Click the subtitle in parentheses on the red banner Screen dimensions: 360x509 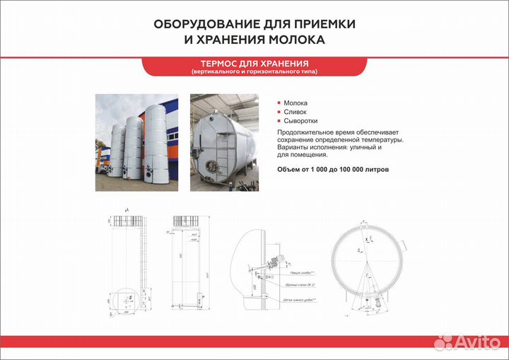[254, 72]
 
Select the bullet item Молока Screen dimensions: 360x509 [296, 103]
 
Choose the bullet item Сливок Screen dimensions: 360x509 [295, 112]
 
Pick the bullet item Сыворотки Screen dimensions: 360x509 [300, 121]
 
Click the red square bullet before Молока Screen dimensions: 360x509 [279, 103]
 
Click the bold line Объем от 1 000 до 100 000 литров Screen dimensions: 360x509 [332, 170]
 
